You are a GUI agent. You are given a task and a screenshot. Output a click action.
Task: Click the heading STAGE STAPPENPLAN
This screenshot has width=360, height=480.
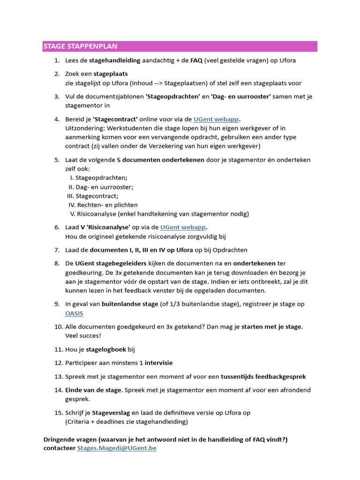[x=80, y=46]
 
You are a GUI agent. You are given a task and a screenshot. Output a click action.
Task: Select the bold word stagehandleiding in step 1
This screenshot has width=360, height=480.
[x=114, y=60]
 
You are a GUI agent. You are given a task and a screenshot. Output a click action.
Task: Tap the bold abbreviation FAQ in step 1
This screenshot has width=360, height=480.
[x=196, y=60]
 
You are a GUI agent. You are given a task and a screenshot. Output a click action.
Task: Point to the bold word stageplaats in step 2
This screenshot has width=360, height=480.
[x=111, y=74]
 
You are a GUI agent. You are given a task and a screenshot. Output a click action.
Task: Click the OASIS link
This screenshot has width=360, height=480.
[x=74, y=313]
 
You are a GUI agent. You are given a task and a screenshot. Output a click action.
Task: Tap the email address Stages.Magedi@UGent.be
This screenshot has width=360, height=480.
[x=117, y=448]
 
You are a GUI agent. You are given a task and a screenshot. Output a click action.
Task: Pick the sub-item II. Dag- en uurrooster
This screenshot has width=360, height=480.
[x=101, y=187]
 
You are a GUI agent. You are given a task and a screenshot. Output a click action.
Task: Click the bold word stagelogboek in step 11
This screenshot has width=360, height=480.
[x=106, y=349]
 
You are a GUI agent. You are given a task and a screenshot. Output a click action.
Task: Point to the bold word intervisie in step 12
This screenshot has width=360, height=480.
[x=158, y=363]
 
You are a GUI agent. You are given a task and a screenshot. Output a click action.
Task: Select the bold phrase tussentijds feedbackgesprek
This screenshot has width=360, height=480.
[x=264, y=376]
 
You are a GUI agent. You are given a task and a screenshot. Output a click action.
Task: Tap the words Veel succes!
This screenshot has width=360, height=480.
[x=83, y=336]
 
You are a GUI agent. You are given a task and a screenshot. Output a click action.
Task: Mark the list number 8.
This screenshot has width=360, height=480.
[x=57, y=263]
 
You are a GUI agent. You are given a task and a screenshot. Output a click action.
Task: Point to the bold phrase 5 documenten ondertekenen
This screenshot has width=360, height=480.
[x=160, y=160]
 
